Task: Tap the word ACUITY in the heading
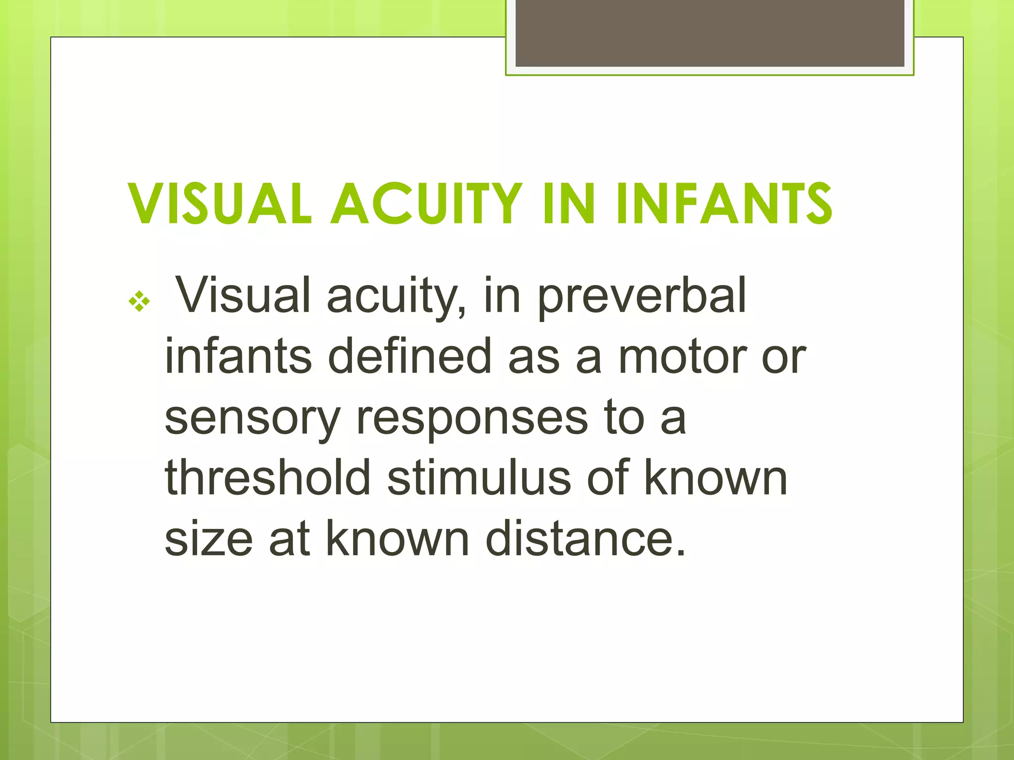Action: [x=427, y=203]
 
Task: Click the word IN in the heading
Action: [x=568, y=203]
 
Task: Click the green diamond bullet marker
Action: [x=139, y=301]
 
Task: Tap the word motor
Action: [x=683, y=356]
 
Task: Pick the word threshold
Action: [x=267, y=477]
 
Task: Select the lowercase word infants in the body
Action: [x=238, y=356]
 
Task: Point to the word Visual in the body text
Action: [x=243, y=296]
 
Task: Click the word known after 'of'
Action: [x=715, y=477]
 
